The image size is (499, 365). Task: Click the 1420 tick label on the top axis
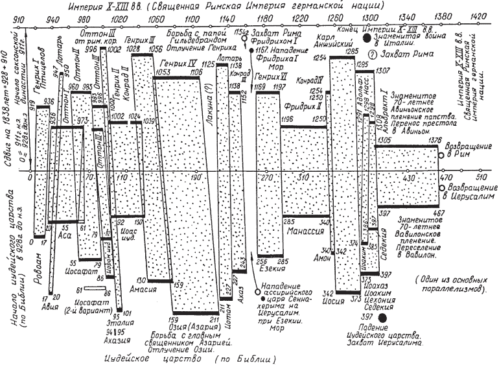pyautogui.click(x=480, y=17)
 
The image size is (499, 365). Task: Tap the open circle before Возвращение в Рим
pyautogui.click(x=441, y=156)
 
